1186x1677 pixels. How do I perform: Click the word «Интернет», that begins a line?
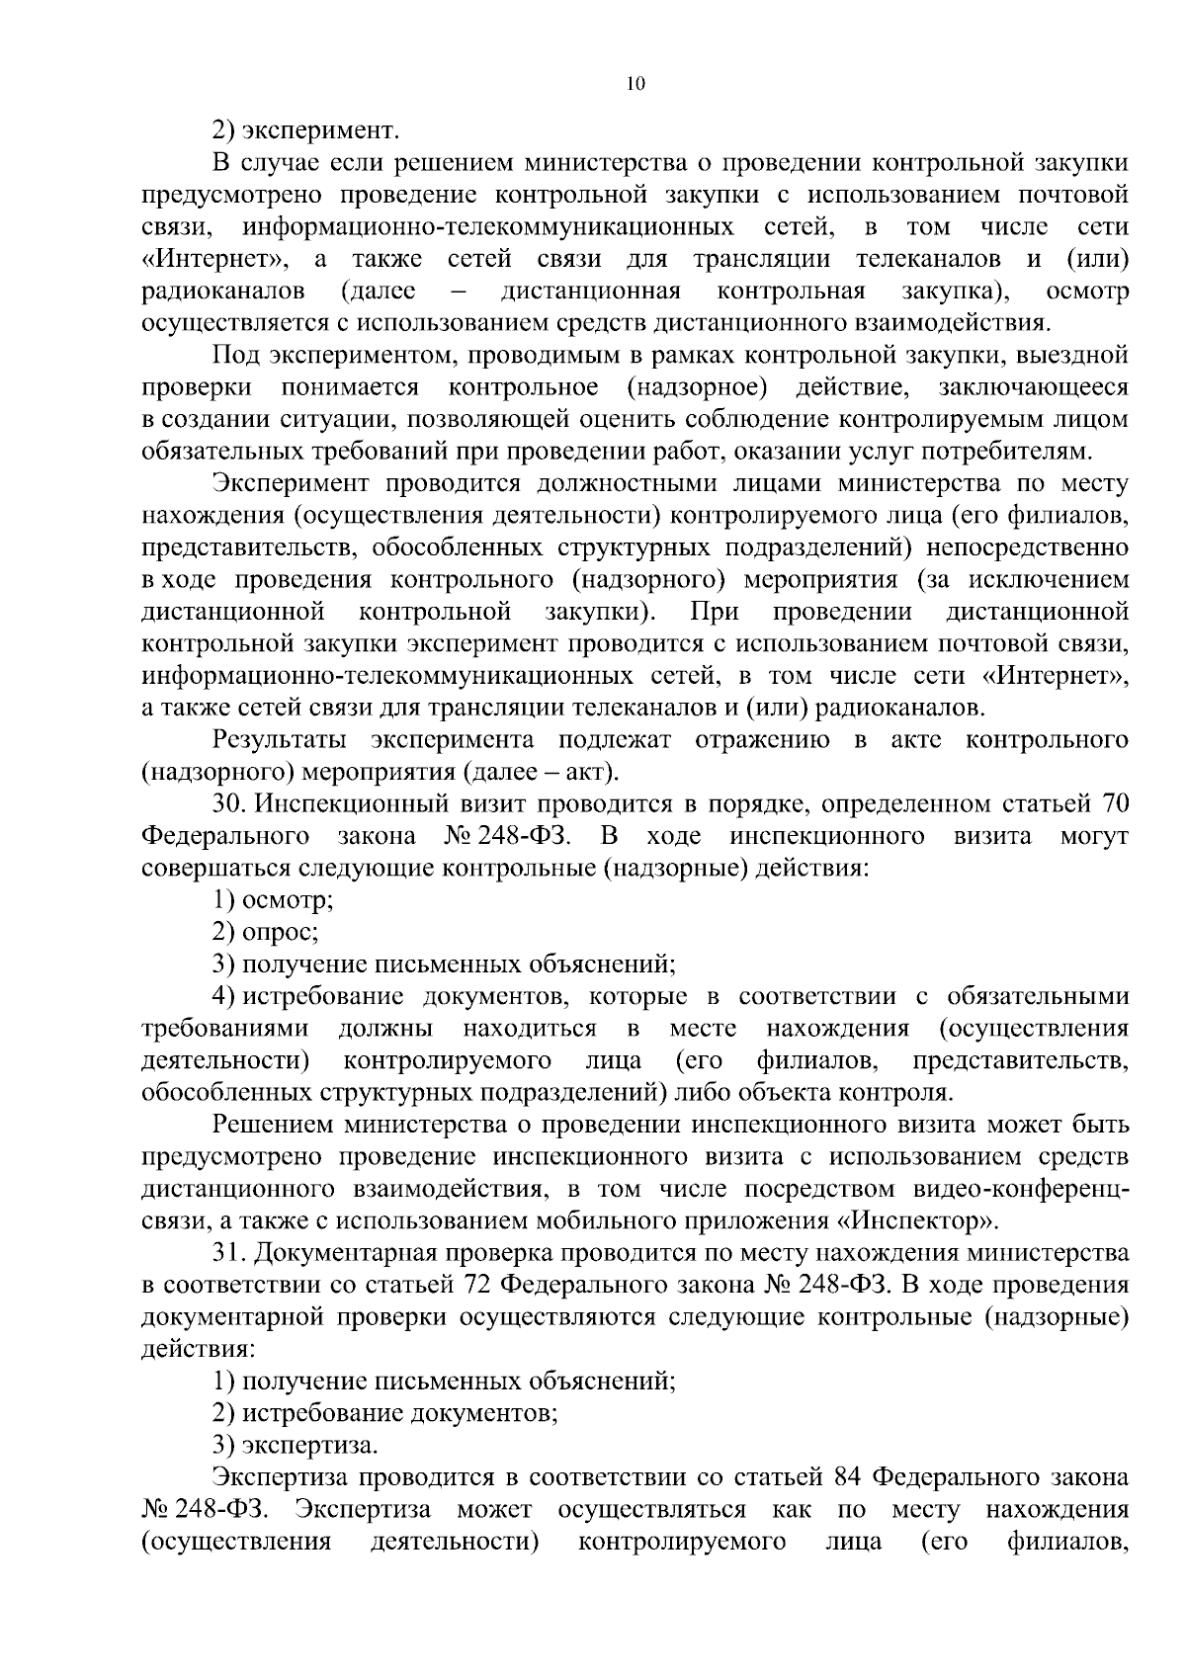click(x=221, y=260)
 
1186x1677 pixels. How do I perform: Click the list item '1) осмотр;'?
click(x=273, y=901)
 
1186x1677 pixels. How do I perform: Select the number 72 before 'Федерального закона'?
click(x=472, y=1285)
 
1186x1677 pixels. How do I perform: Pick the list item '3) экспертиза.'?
click(x=295, y=1446)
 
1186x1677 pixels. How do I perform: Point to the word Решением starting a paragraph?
click(x=277, y=1125)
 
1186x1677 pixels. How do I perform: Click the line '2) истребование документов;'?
click(x=385, y=1413)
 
